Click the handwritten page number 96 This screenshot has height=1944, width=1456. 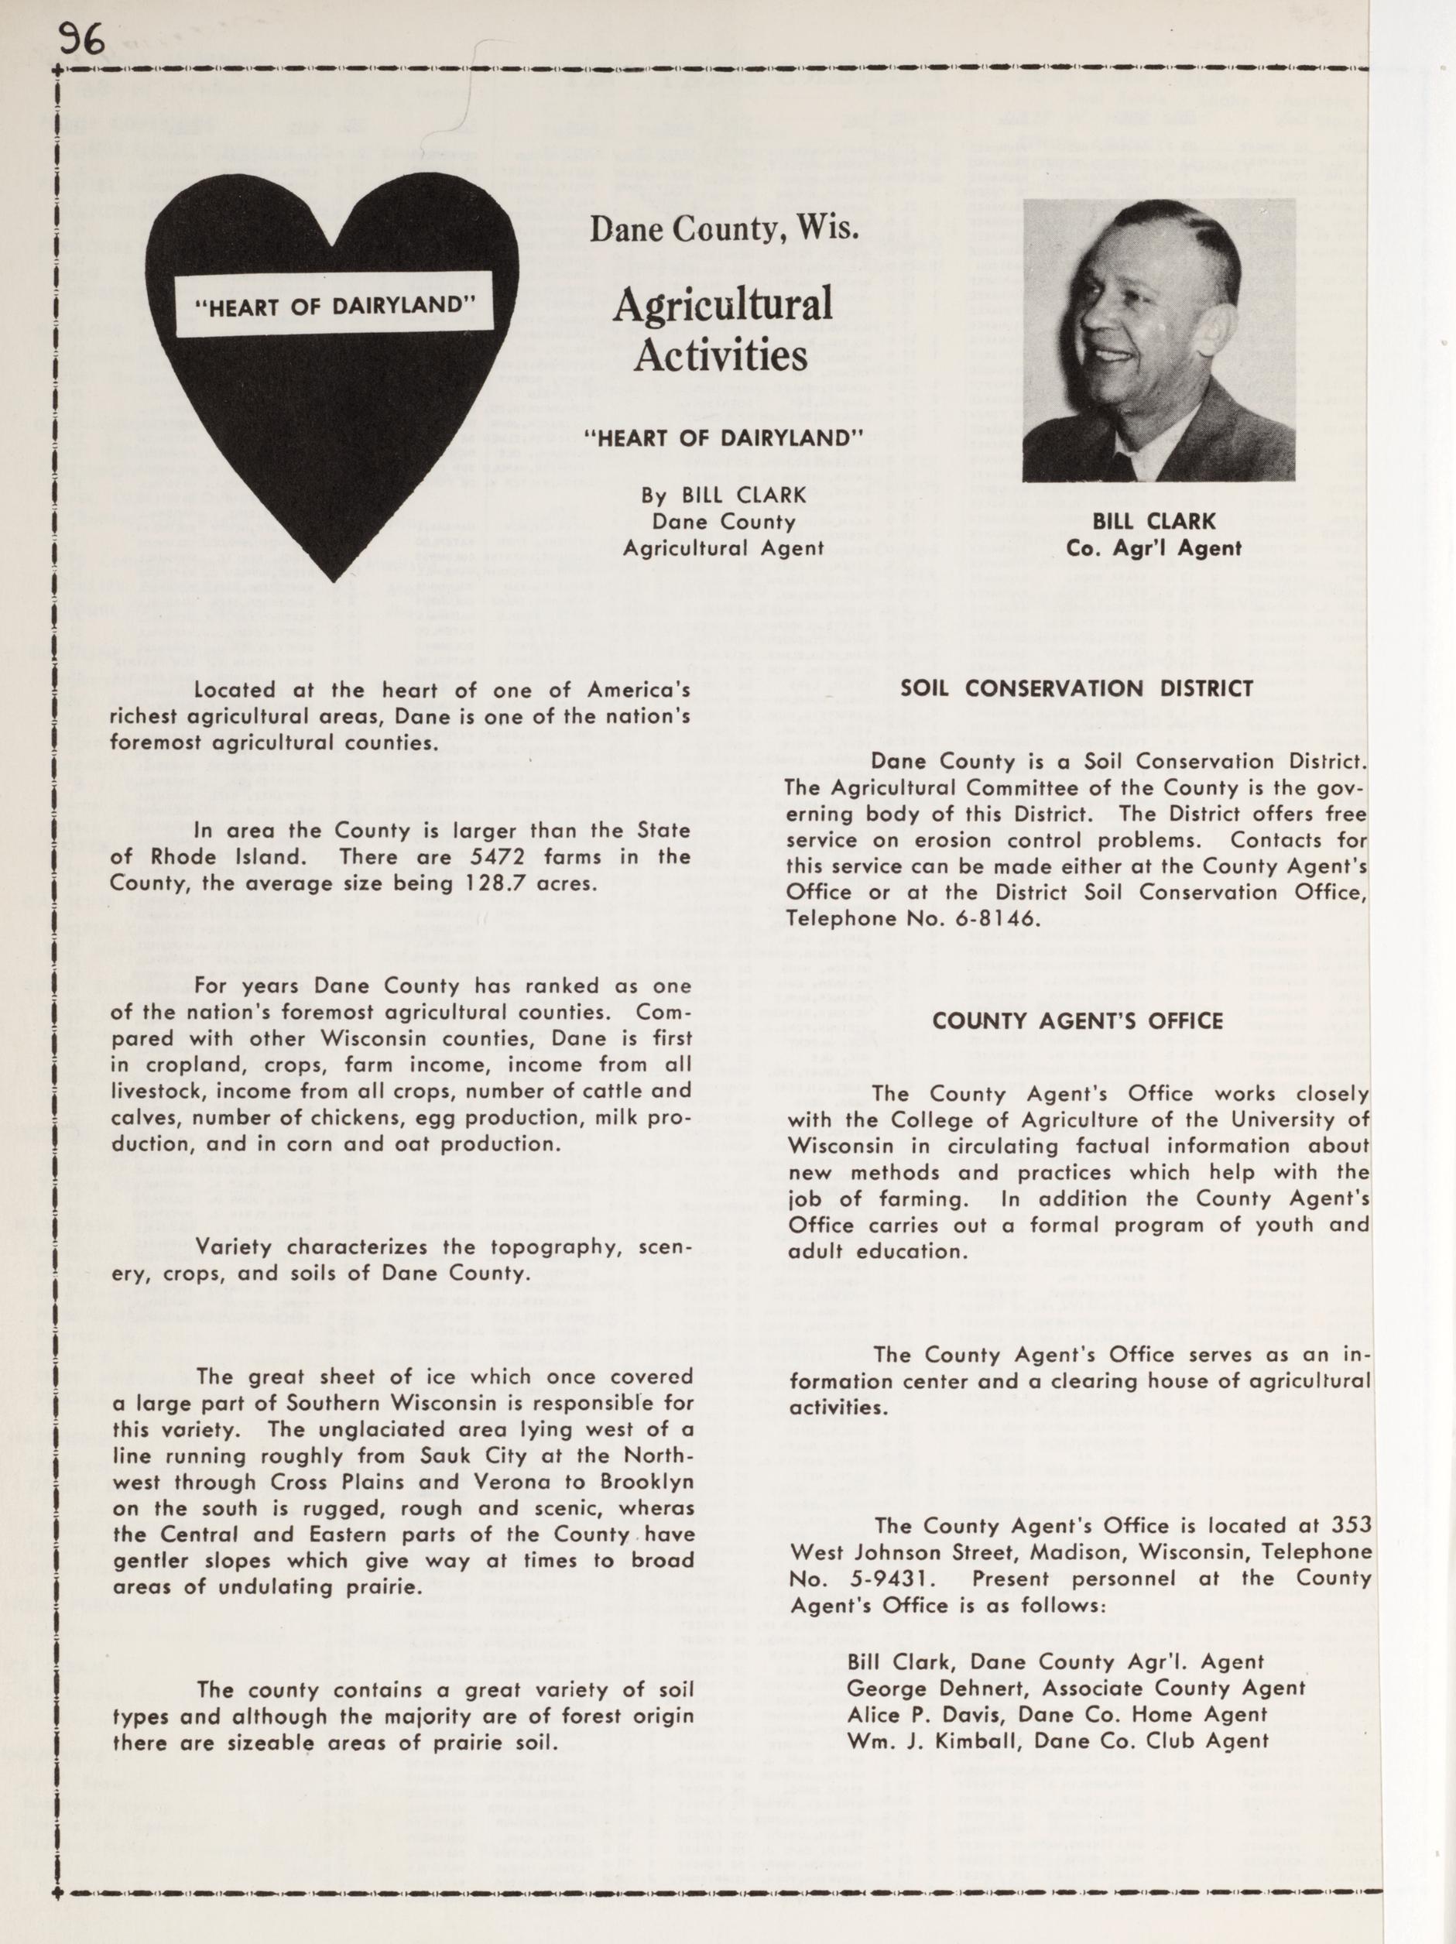(x=83, y=39)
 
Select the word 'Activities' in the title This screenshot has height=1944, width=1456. (x=721, y=356)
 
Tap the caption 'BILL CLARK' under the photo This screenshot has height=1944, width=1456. (x=1153, y=521)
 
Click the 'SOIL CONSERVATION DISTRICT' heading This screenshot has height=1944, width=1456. (x=1077, y=689)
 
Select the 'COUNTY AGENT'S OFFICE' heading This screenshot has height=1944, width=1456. (x=1077, y=1020)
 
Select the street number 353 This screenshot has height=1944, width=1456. (x=1349, y=1525)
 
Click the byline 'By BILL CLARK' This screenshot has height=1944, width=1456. (x=723, y=495)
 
